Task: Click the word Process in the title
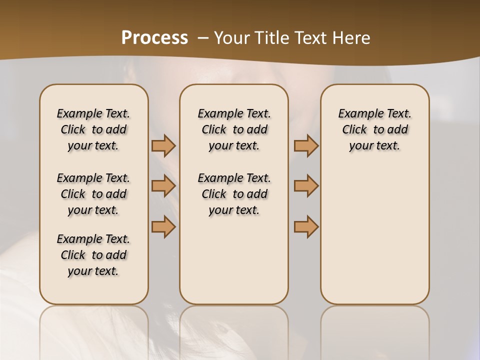(x=154, y=37)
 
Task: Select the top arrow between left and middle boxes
(x=163, y=145)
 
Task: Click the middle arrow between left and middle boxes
(x=163, y=186)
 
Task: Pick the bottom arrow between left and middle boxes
(x=163, y=226)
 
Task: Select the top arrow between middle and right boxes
(x=306, y=145)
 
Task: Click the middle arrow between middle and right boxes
(x=306, y=186)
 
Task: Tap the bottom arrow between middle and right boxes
(x=306, y=226)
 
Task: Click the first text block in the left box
(x=93, y=129)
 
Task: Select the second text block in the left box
(x=93, y=194)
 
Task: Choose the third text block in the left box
(x=93, y=255)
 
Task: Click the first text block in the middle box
(x=234, y=129)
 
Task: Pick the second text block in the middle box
(x=234, y=194)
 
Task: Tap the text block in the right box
(x=375, y=129)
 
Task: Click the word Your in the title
(x=231, y=37)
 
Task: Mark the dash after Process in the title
(x=203, y=37)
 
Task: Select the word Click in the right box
(x=354, y=129)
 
